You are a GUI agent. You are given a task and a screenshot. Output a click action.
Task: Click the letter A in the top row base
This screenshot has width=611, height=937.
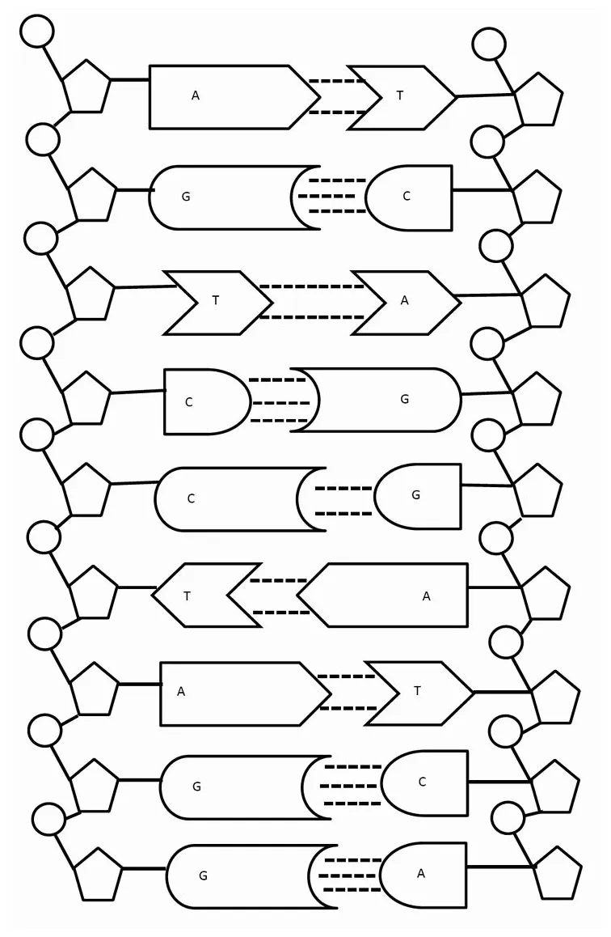pyautogui.click(x=196, y=95)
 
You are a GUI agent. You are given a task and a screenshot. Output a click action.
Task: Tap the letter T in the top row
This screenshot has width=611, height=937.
pyautogui.click(x=400, y=95)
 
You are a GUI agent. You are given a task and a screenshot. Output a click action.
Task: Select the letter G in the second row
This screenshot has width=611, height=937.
pyautogui.click(x=186, y=197)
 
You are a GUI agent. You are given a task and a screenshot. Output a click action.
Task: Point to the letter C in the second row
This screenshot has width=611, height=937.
pyautogui.click(x=407, y=196)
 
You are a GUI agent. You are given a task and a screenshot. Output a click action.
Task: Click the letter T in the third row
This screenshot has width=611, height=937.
pyautogui.click(x=216, y=300)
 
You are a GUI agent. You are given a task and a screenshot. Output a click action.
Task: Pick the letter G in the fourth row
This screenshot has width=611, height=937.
pyautogui.click(x=405, y=399)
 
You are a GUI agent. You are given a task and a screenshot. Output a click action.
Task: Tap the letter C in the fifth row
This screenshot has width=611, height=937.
pyautogui.click(x=191, y=498)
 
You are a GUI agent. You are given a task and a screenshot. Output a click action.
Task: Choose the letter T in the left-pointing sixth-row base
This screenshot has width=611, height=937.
pyautogui.click(x=188, y=596)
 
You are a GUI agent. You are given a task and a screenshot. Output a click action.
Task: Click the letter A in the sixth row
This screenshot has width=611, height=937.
pyautogui.click(x=427, y=596)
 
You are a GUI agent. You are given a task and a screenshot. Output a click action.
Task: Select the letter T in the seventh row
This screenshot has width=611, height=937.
pyautogui.click(x=417, y=691)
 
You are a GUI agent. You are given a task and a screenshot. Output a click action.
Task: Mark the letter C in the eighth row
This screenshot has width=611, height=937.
pyautogui.click(x=422, y=782)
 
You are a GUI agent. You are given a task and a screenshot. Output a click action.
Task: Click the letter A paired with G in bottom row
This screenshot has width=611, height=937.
pyautogui.click(x=421, y=873)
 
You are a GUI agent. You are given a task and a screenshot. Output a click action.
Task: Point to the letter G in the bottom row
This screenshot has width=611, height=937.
pyautogui.click(x=203, y=876)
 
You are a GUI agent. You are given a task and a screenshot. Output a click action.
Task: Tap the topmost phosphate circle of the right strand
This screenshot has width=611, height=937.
pyautogui.click(x=489, y=44)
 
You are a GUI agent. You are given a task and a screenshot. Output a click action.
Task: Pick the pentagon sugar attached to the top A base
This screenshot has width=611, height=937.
pyautogui.click(x=86, y=86)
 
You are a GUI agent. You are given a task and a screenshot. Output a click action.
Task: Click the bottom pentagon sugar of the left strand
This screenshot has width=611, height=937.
pyautogui.click(x=99, y=875)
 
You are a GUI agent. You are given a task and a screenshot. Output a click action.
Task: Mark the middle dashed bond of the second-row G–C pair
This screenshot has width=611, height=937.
pyautogui.click(x=327, y=196)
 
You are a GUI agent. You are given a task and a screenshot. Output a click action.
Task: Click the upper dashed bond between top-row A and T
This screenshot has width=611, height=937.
pyautogui.click(x=337, y=81)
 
